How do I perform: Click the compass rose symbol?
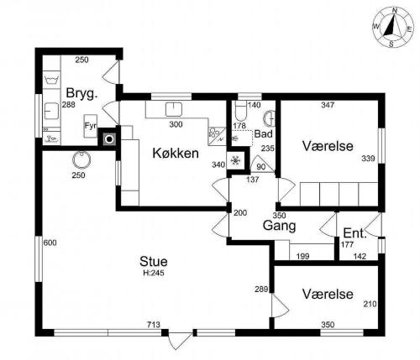[393, 27]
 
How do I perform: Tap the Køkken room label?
[176, 154]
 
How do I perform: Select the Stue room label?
[154, 262]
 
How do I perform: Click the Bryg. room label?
[81, 93]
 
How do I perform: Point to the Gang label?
[279, 226]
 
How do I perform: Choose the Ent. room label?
[354, 233]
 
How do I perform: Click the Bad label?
[263, 134]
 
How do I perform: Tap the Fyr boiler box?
[91, 126]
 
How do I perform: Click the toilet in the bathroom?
[240, 112]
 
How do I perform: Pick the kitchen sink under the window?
[174, 109]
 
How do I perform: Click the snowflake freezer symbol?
[236, 161]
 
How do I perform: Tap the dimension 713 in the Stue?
[154, 325]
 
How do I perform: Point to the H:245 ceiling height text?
[154, 273]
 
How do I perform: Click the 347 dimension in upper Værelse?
[328, 105]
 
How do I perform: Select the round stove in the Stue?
[81, 159]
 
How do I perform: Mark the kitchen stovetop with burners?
[217, 136]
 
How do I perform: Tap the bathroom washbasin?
[270, 117]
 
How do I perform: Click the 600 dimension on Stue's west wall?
[50, 243]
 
